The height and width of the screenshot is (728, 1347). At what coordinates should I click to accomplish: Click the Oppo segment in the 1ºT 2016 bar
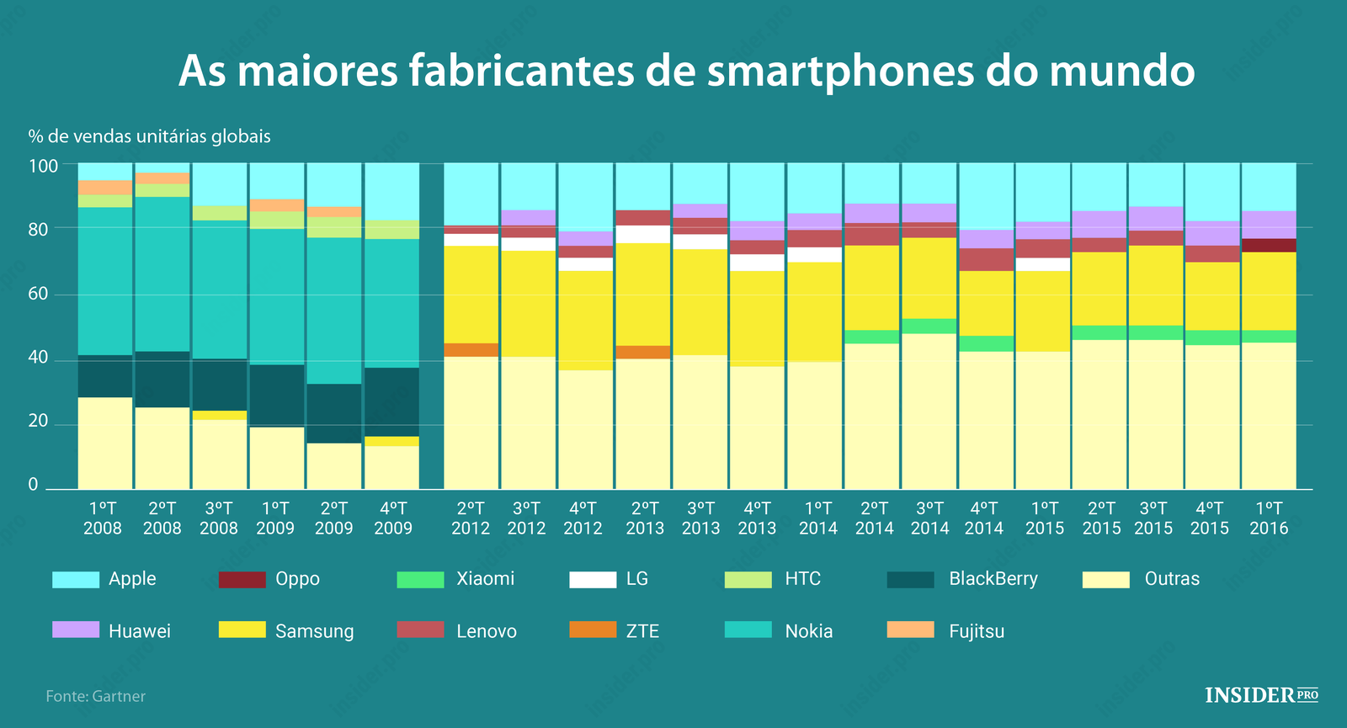click(1269, 245)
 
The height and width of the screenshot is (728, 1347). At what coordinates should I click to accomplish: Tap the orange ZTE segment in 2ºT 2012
click(471, 350)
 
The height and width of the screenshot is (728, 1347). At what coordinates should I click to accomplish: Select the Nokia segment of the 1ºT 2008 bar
click(105, 281)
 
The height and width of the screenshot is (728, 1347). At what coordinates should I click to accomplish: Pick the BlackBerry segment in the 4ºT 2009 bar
click(391, 401)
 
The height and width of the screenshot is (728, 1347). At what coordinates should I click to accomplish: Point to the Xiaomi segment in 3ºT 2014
click(929, 326)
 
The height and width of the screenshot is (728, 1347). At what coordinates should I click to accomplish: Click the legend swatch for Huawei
click(75, 630)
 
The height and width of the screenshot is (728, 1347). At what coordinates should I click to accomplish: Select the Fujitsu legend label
click(976, 631)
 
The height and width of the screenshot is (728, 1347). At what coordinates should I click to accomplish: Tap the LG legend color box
click(593, 579)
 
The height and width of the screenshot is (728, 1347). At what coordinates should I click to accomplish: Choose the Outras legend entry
click(1171, 579)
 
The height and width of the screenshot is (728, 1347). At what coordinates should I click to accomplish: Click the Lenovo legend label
click(486, 631)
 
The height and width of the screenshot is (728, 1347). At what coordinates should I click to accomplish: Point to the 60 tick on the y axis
click(39, 295)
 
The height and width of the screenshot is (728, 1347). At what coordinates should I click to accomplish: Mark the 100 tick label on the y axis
click(43, 166)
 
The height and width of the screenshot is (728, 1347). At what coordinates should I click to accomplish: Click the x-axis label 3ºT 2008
click(218, 518)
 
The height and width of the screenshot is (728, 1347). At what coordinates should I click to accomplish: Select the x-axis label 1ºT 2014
click(817, 518)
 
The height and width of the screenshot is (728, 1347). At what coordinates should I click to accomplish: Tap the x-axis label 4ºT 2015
click(1209, 518)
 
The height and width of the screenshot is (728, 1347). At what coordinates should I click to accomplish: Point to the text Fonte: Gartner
click(95, 696)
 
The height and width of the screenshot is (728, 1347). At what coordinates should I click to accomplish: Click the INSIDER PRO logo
click(1260, 695)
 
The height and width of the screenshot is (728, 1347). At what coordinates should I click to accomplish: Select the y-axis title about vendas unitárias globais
click(149, 136)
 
